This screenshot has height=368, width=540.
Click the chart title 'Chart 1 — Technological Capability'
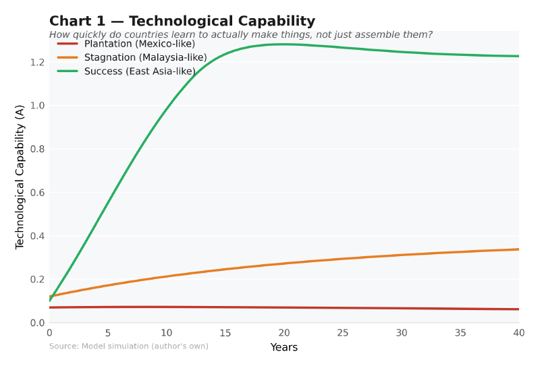182,22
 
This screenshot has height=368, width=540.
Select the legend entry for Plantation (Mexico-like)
140,44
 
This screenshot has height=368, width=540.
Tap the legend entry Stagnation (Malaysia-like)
145,57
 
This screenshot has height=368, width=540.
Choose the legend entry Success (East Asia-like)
140,71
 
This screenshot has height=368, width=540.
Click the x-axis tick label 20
284,333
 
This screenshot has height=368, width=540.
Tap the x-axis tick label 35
460,333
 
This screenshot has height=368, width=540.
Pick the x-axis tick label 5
108,333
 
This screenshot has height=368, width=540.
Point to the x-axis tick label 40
518,333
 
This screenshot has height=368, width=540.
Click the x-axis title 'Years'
284,348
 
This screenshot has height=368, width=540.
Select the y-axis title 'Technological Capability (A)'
20,177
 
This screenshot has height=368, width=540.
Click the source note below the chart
129,346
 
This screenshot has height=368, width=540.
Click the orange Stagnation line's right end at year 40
518,249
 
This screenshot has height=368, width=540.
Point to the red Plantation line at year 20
284,308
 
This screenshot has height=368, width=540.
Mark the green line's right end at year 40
518,56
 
